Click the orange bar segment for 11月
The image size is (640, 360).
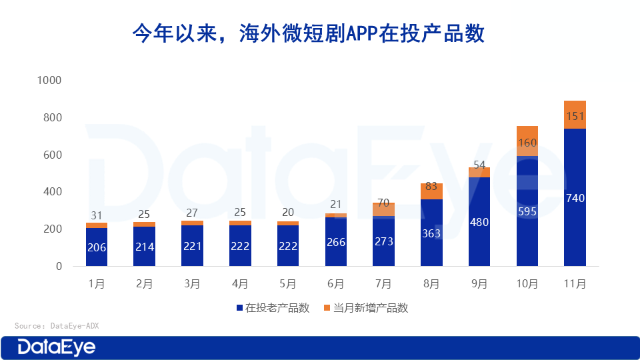(575, 115)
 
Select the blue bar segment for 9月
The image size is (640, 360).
(479, 221)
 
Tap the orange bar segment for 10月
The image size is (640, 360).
(527, 141)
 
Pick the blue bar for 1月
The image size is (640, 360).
(97, 247)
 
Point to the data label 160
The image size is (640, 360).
(527, 143)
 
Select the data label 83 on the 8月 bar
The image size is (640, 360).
(431, 187)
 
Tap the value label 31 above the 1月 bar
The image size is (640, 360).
(97, 215)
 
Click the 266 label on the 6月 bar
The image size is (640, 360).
(336, 242)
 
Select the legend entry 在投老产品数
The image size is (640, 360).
(273, 308)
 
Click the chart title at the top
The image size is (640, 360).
(308, 33)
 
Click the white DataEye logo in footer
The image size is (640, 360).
(57, 347)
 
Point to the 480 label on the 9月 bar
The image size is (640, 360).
(479, 223)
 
